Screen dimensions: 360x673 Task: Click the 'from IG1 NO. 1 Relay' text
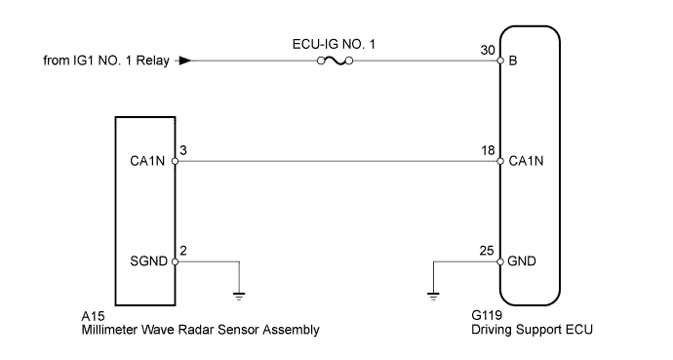106,61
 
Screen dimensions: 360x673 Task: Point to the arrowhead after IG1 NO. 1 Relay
184,61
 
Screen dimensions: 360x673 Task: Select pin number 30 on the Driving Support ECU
487,49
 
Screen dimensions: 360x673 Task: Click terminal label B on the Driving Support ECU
512,61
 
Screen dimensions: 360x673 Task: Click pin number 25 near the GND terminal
487,250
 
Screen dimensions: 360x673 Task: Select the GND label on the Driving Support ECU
522,262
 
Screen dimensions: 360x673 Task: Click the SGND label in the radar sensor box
150,262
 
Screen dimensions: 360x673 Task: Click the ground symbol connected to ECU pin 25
431,292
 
